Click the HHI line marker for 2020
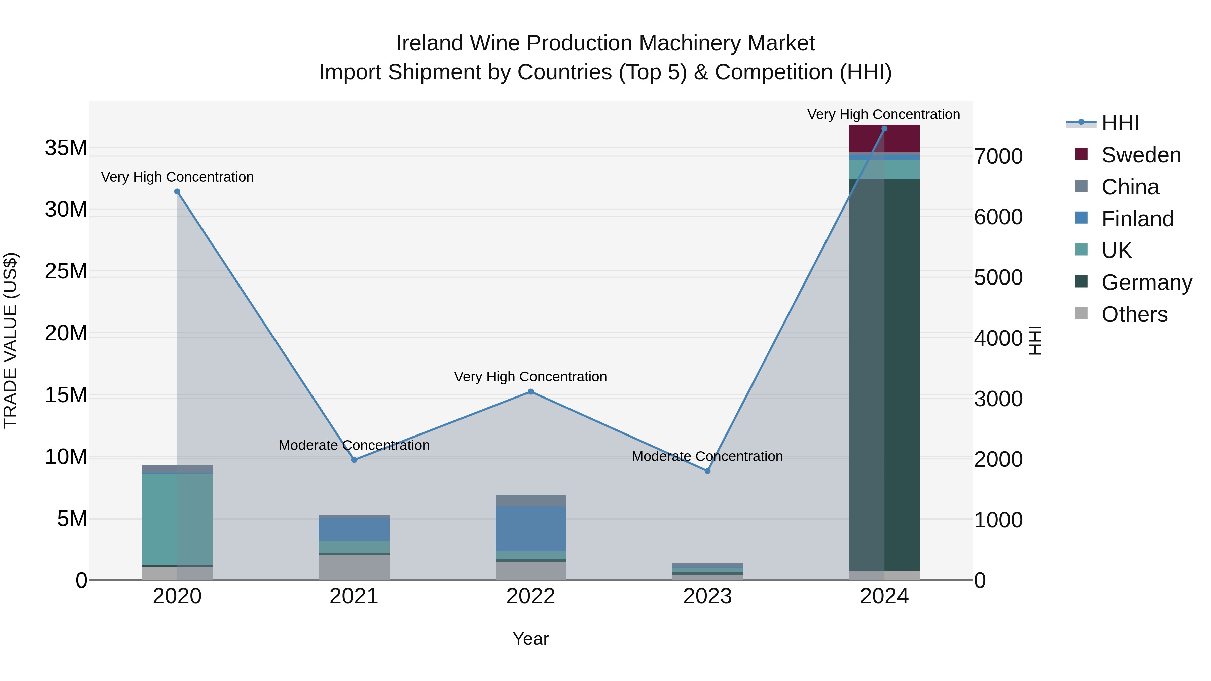[177, 191]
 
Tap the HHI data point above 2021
[354, 460]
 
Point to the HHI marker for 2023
[707, 470]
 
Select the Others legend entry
[1134, 314]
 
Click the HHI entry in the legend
[1120, 123]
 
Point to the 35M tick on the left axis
[66, 148]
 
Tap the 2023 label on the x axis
[707, 596]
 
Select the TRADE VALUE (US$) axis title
[10, 340]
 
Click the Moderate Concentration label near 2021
[354, 445]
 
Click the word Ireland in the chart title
[430, 43]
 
